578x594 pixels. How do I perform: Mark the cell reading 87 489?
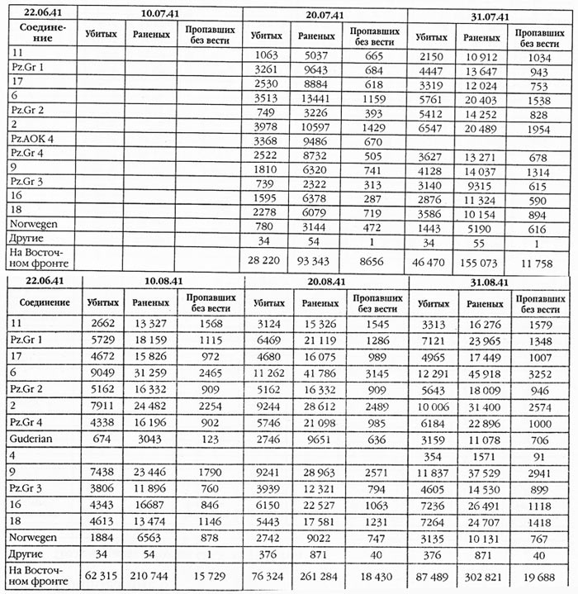click(429, 573)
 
